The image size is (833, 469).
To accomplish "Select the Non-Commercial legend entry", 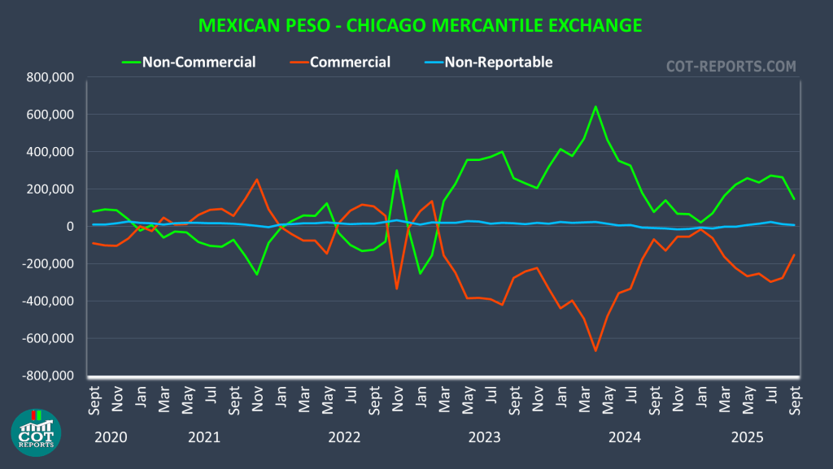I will click(x=198, y=62).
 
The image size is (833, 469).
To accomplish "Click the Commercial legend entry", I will click(x=350, y=62).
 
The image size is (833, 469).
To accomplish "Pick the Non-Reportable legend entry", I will click(x=498, y=62).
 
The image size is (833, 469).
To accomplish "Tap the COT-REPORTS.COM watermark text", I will click(x=731, y=66).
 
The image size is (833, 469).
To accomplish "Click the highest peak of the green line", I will click(x=595, y=106).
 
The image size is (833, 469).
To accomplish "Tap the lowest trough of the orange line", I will click(x=595, y=351).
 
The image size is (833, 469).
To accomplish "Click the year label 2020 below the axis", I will click(x=111, y=438).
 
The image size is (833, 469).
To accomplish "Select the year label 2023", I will click(x=485, y=438).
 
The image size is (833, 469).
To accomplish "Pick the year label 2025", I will click(x=747, y=438).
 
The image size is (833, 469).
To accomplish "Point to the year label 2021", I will click(x=204, y=438).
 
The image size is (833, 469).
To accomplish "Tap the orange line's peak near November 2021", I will click(x=257, y=179).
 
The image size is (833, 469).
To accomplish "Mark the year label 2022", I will click(x=344, y=438).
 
